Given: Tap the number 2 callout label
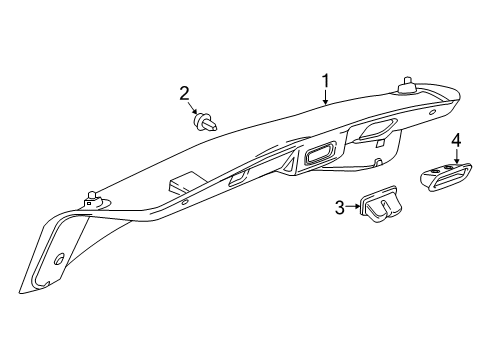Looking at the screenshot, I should pos(185,94).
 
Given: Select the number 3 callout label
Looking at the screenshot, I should pos(339,207).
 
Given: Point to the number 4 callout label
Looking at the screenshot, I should pos(455,139).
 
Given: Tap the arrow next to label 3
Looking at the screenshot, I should pos(352,207).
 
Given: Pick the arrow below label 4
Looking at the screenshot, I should pos(456,155).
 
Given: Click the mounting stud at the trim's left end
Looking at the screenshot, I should pos(93,195).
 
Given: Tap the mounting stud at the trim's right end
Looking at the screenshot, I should pos(407,86).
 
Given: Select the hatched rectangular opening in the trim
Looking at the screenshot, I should pos(319,154).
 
